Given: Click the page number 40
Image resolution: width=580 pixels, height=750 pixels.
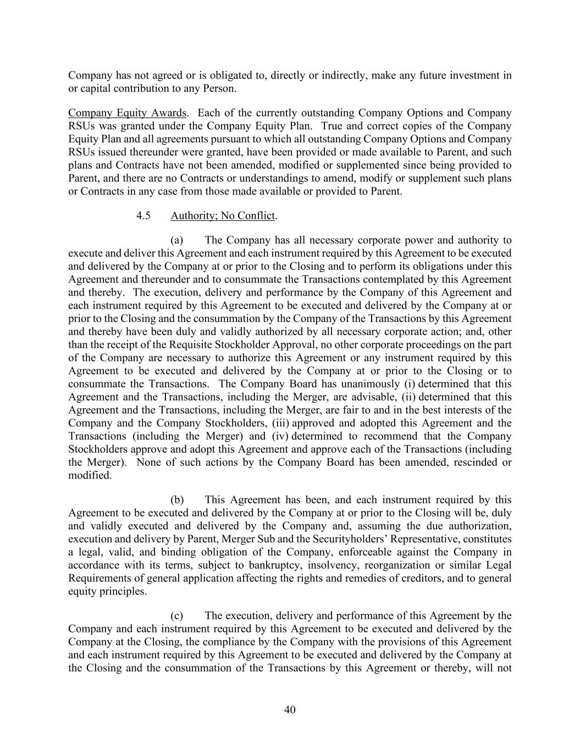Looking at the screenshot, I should [x=290, y=709].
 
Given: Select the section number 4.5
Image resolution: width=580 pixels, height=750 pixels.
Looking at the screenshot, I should [x=143, y=215].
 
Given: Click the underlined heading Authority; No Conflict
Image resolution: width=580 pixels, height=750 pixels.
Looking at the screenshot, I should [x=222, y=215].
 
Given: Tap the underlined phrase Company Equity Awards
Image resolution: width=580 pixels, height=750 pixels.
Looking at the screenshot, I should [x=127, y=113].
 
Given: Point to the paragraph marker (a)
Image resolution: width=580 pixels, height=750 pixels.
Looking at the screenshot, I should [x=176, y=240].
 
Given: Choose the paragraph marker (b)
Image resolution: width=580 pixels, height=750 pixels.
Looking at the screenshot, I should [x=177, y=499].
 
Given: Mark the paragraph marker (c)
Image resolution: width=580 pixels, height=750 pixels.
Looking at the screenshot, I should [x=176, y=615].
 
